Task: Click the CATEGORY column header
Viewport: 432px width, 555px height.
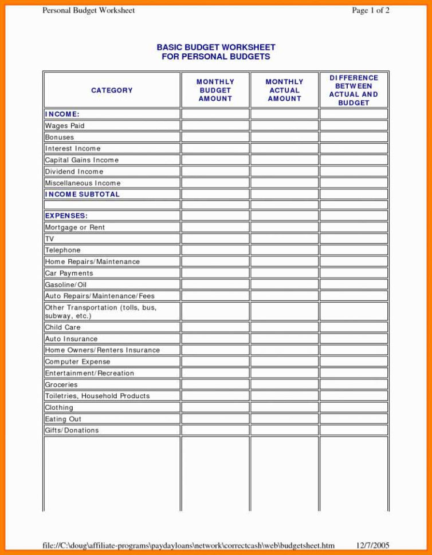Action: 112,90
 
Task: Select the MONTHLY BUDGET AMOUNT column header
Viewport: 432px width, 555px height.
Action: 215,90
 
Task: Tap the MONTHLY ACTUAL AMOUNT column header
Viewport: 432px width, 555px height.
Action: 284,90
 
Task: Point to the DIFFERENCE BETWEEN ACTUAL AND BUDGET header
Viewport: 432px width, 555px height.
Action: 354,90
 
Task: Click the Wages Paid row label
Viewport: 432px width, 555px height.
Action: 65,126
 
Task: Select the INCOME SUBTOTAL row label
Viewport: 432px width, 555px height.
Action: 83,195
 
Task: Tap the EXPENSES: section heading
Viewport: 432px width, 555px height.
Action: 66,216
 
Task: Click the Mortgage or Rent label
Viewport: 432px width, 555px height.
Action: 75,228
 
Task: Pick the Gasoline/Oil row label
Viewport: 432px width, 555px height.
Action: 66,285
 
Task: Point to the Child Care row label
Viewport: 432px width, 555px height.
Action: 63,327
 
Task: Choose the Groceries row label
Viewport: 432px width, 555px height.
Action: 61,385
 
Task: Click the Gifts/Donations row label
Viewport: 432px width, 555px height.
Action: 72,430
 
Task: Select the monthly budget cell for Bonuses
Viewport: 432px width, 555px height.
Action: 215,137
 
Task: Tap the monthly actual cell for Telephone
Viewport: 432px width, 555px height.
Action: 284,251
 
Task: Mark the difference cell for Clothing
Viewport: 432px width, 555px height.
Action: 354,407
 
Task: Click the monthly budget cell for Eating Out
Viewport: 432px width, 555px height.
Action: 215,419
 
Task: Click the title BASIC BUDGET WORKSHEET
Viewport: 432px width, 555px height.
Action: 216,47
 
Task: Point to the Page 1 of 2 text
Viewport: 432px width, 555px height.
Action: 370,11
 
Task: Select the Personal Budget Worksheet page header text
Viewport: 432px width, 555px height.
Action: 89,11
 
